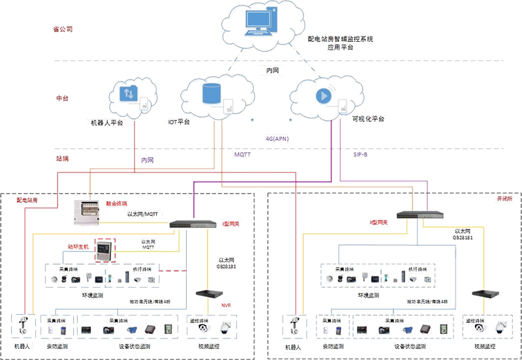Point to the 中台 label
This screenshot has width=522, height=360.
61,97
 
